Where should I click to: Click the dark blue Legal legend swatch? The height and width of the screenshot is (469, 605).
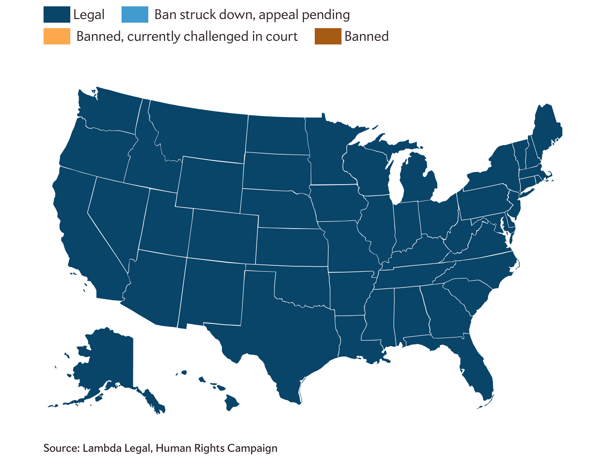coord(57,15)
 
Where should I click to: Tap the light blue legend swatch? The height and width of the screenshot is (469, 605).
coord(135,15)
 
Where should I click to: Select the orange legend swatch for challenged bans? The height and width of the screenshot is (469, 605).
coord(57,36)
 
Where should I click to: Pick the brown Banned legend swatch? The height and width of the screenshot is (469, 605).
coord(328,36)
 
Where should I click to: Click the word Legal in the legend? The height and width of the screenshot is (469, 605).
coord(89,15)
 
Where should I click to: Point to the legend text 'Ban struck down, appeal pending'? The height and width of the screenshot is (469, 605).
coord(252,15)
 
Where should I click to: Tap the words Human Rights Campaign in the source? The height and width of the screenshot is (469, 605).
coord(216,448)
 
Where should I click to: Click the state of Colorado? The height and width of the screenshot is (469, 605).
coord(222,236)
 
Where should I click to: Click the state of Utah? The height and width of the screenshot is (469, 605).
coord(166,222)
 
